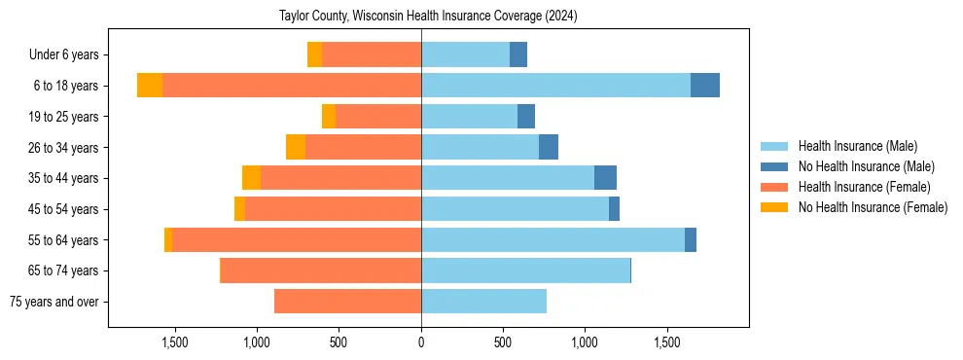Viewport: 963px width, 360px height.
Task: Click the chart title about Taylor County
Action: point(429,17)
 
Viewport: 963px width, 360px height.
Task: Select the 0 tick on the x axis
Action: point(421,342)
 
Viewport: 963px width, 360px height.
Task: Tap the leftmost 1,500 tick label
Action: point(175,342)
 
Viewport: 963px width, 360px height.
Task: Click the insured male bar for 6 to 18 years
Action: point(555,86)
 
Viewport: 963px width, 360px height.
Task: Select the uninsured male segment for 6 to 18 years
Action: point(705,86)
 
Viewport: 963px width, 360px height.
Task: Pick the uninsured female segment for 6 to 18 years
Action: point(150,86)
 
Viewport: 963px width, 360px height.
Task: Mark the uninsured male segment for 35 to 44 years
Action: point(605,178)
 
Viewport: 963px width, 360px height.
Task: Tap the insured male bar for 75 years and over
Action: point(483,302)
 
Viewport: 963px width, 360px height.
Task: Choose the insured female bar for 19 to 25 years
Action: point(378,117)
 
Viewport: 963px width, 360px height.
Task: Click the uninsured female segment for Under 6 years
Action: point(314,54)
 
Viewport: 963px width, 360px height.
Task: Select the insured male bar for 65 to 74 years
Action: point(525,270)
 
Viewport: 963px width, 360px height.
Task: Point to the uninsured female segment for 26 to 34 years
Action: point(296,147)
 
